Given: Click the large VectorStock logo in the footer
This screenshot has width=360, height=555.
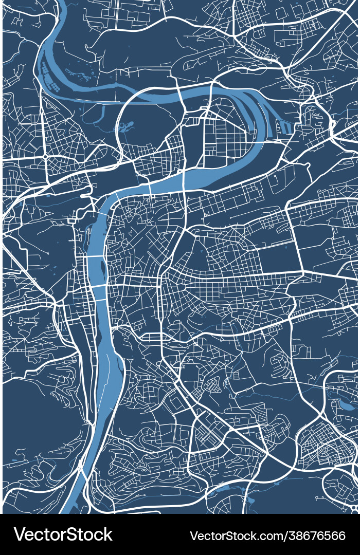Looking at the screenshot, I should click(63, 534).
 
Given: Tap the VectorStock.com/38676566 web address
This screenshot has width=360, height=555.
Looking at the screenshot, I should click(267, 535).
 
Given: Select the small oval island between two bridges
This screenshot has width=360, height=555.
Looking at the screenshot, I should click(102, 267).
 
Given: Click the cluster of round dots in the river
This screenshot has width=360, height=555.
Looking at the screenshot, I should click(51, 77).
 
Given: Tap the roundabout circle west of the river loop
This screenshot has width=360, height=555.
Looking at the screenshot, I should click(45, 156).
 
